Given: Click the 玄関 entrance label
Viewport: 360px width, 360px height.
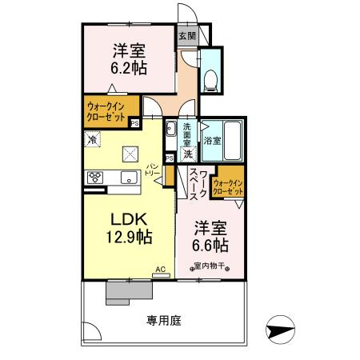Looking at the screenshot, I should pos(186,36).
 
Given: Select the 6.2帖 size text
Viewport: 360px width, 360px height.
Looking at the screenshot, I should pos(128,69).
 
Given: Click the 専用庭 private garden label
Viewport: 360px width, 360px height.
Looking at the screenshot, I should pos(164,321).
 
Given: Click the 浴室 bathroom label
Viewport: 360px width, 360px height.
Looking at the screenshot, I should pos(213,140).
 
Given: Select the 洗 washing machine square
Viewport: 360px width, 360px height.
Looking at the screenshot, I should pos(185,153).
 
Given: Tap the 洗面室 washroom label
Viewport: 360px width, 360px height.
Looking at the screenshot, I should pos(186,132).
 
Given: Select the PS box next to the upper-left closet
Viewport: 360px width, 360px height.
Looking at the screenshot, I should pos(134,122).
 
